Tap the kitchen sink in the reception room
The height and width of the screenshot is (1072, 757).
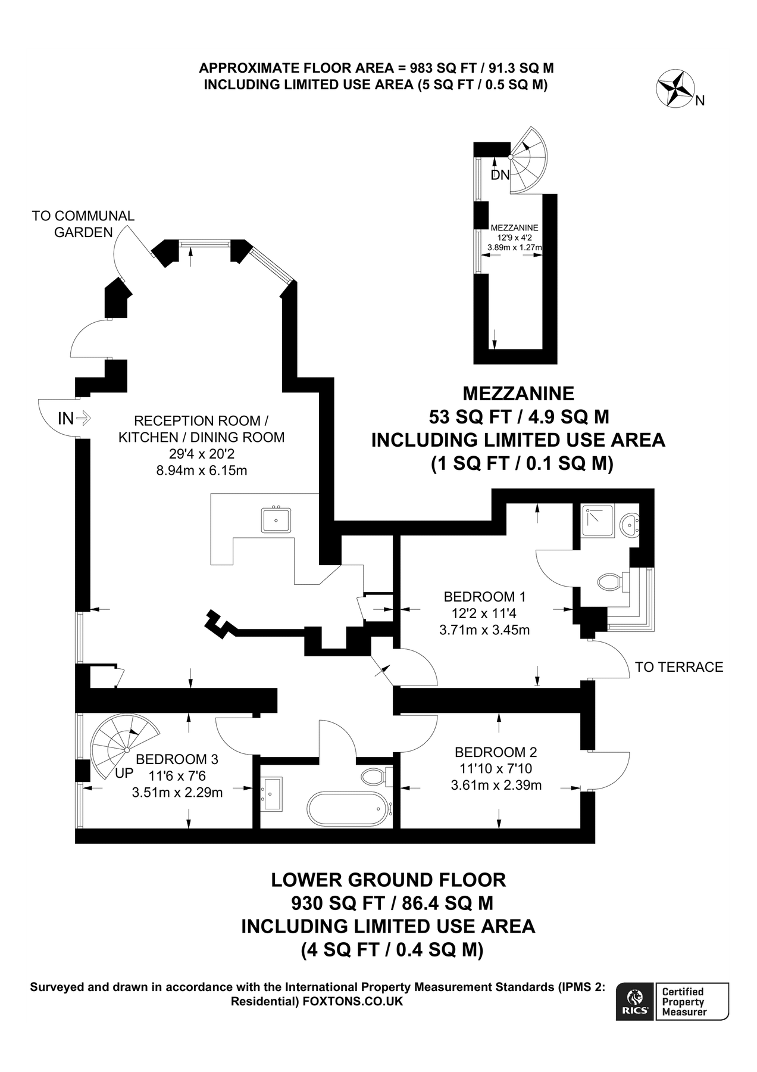tap(276, 519)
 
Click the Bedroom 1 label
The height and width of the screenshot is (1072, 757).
tap(484, 597)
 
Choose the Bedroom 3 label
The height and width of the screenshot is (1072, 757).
tap(177, 759)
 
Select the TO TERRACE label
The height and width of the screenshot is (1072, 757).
tap(679, 667)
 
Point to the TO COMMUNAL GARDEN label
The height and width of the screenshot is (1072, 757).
tap(83, 224)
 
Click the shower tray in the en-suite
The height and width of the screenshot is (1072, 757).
tap(598, 521)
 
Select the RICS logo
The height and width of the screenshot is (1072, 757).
tap(635, 1001)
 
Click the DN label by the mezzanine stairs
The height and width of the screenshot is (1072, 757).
tap(501, 175)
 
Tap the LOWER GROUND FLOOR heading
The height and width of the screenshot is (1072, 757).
tap(389, 880)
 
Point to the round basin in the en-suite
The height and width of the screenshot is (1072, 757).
tap(630, 525)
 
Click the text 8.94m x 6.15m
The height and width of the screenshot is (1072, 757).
tap(202, 470)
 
